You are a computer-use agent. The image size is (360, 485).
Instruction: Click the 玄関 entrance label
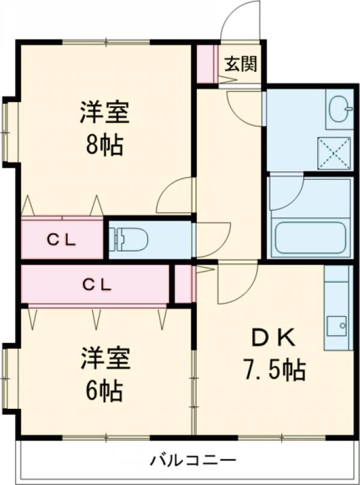[241, 64]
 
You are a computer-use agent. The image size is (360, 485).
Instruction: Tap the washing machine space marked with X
[334, 153]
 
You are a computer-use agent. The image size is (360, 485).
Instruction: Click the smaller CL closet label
[62, 240]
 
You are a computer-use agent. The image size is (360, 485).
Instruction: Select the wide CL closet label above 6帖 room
[96, 285]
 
